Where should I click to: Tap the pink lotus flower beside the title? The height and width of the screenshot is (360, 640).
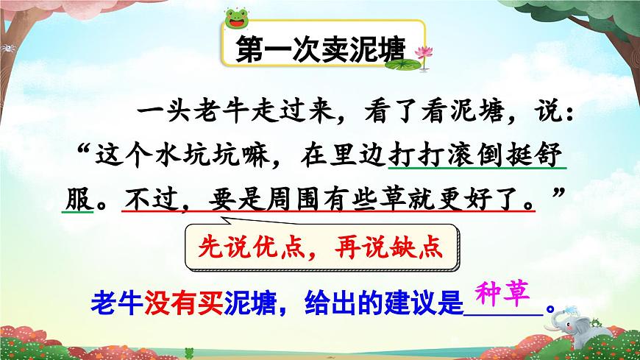(x=422, y=52)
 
